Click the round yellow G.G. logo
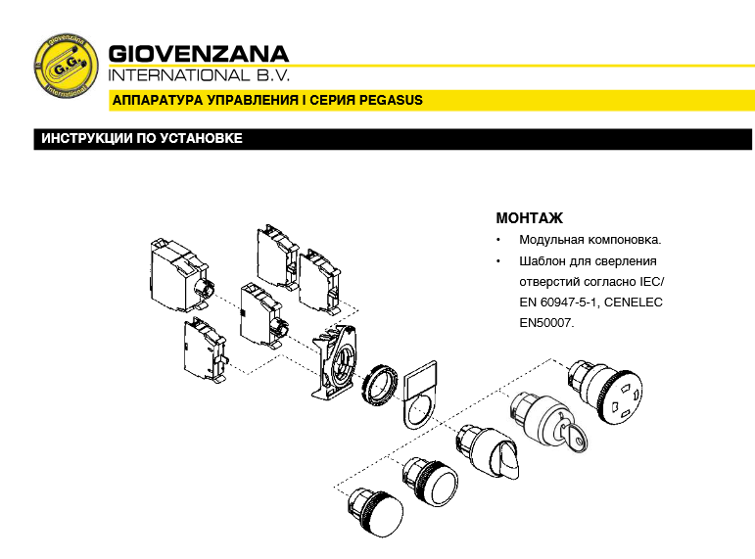(x=66, y=66)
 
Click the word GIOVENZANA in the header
(x=199, y=54)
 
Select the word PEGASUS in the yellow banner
(x=391, y=100)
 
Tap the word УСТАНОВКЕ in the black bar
(x=201, y=139)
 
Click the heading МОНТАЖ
(x=529, y=218)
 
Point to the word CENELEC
(x=634, y=303)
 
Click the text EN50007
(x=546, y=323)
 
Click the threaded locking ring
(x=380, y=385)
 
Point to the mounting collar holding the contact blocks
(x=334, y=362)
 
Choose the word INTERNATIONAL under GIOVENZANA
(x=178, y=75)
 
